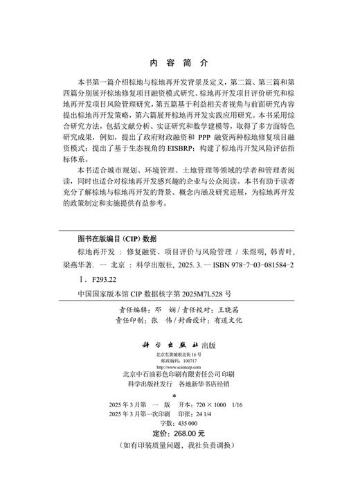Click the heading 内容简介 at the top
(179, 62)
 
